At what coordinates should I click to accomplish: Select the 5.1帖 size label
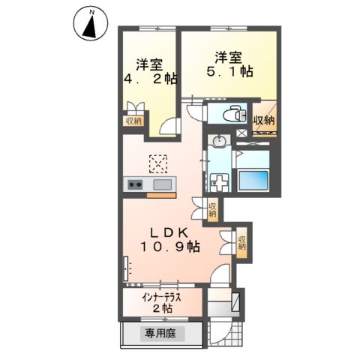228,73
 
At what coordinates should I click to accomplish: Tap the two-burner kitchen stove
136,184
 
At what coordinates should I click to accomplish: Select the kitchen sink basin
162,184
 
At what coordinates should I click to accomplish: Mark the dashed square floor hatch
158,161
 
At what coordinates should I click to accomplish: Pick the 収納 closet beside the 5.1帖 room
263,120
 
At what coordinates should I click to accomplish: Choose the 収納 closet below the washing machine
212,208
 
